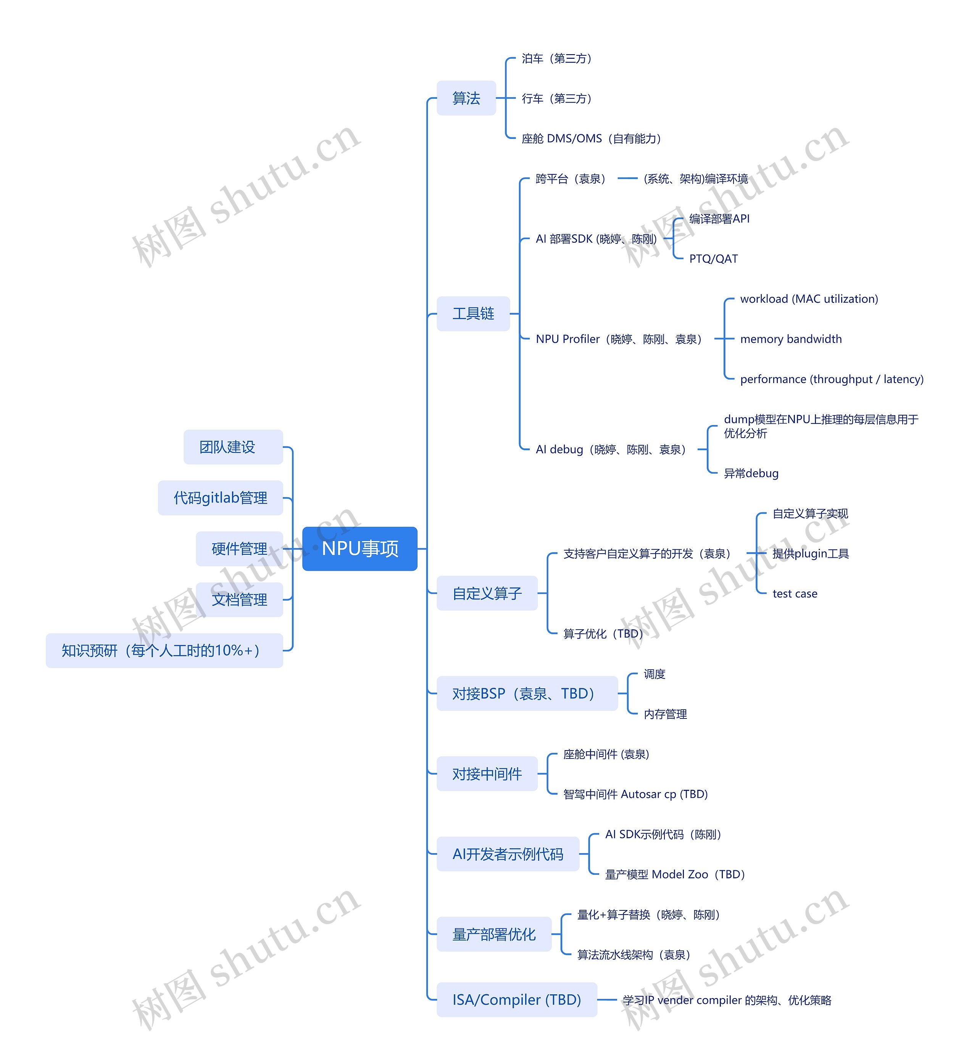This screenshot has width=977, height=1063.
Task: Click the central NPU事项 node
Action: point(360,549)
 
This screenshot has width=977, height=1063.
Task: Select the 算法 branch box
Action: point(466,98)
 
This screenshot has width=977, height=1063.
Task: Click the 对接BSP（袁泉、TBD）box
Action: point(527,694)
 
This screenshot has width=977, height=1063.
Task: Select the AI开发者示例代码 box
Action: point(508,854)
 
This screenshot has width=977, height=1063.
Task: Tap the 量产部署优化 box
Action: point(494,934)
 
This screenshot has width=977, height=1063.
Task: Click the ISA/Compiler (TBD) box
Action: point(516,1000)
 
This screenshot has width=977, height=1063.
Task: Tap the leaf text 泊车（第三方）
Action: point(557,59)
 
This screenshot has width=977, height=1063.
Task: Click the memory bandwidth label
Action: point(790,339)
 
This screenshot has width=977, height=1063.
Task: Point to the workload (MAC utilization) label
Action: point(808,299)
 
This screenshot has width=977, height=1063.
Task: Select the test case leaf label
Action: point(794,594)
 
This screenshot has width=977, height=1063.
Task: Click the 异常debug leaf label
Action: point(751,474)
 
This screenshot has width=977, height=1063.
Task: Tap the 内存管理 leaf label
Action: point(665,715)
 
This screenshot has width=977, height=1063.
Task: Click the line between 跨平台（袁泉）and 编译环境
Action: point(627,179)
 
